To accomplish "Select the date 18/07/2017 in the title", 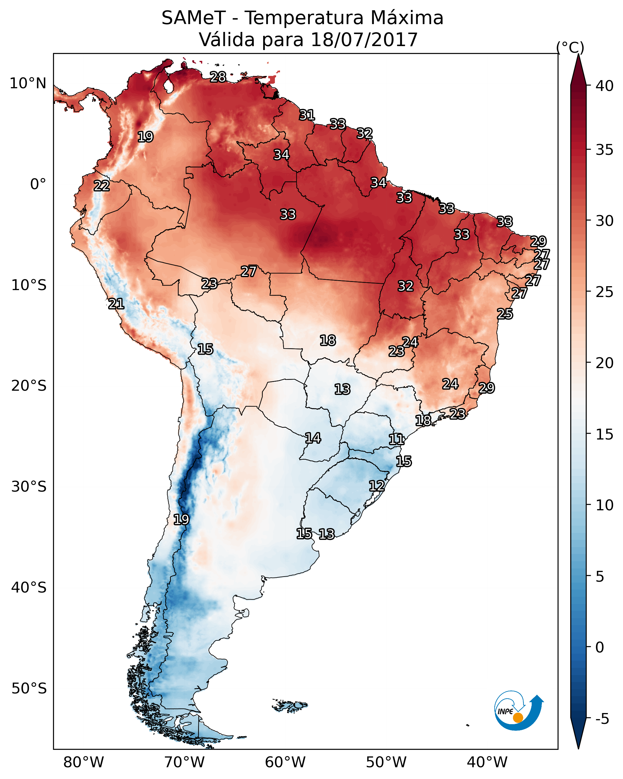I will tap(364, 40).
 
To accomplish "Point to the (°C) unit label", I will tap(570, 47).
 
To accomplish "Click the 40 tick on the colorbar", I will tap(605, 86).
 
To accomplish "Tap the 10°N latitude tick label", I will tap(28, 83).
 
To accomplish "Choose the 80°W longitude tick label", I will tap(83, 762).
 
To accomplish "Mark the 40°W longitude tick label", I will tap(487, 762).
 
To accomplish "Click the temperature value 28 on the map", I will tap(218, 77).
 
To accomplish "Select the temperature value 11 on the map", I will tap(396, 440).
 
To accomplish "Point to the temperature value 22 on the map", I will tap(102, 186).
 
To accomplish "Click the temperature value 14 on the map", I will tap(313, 438).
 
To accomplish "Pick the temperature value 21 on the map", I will tap(116, 304).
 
